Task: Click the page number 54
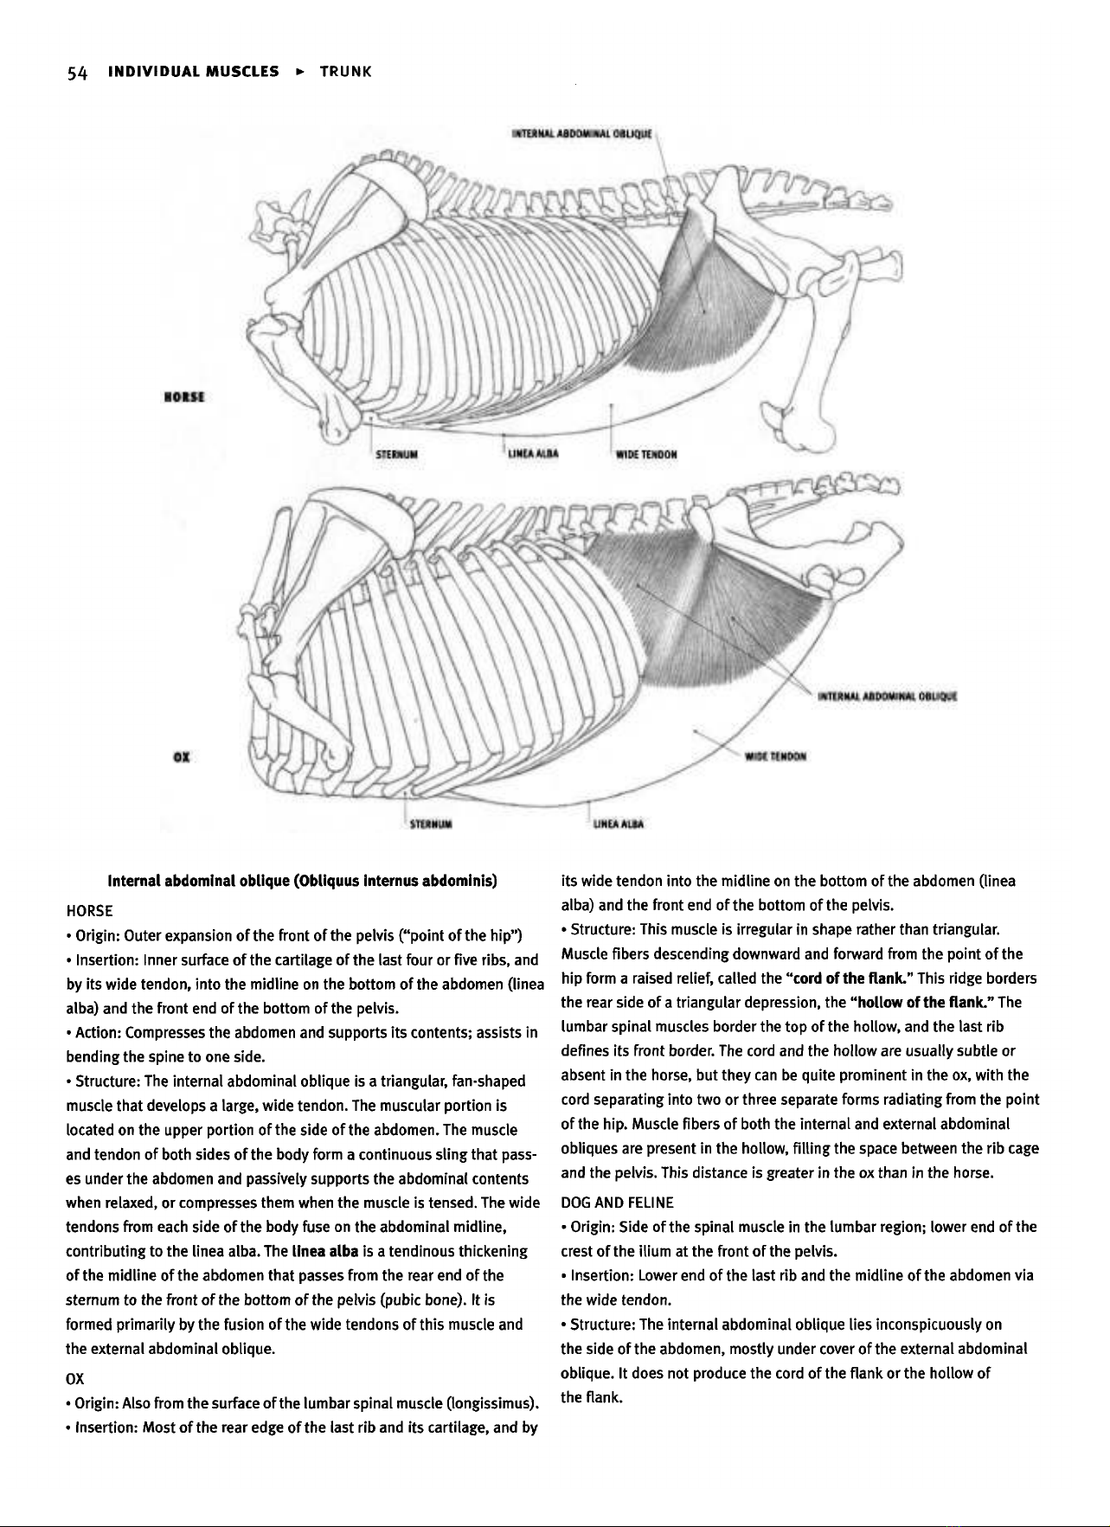[77, 72]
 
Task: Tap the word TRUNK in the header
[345, 72]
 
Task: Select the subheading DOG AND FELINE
[617, 1202]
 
